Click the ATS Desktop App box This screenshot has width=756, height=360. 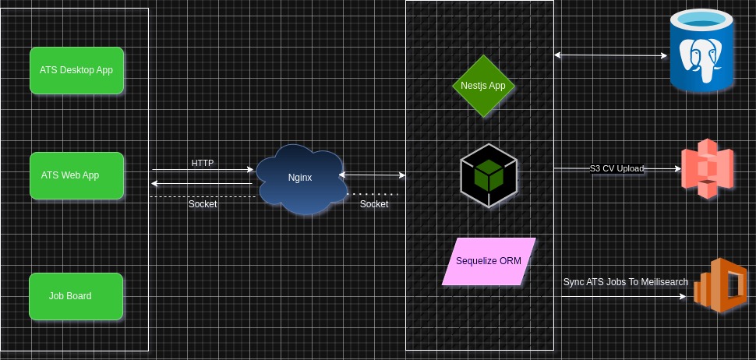pyautogui.click(x=76, y=70)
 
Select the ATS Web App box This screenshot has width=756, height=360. pyautogui.click(x=76, y=175)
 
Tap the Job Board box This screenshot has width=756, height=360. pyautogui.click(x=76, y=296)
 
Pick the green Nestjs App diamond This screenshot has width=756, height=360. pyautogui.click(x=484, y=86)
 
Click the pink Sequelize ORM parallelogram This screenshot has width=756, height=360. pyautogui.click(x=489, y=261)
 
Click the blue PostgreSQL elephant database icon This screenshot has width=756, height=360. pyautogui.click(x=701, y=51)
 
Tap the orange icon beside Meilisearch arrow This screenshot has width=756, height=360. pyautogui.click(x=722, y=286)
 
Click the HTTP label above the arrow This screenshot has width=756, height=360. pyautogui.click(x=203, y=163)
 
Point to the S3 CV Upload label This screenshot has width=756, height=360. pyautogui.click(x=616, y=168)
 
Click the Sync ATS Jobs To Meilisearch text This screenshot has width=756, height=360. pyautogui.click(x=625, y=281)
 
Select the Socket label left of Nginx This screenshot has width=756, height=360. pyautogui.click(x=203, y=204)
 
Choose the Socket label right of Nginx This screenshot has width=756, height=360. pyautogui.click(x=374, y=204)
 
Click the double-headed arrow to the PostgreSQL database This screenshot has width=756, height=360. pyautogui.click(x=612, y=55)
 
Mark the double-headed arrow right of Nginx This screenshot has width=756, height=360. pyautogui.click(x=373, y=175)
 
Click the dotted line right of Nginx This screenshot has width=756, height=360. pyautogui.click(x=374, y=193)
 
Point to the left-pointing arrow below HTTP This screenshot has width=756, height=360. pyautogui.click(x=203, y=184)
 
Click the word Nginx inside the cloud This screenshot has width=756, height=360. pyautogui.click(x=300, y=178)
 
